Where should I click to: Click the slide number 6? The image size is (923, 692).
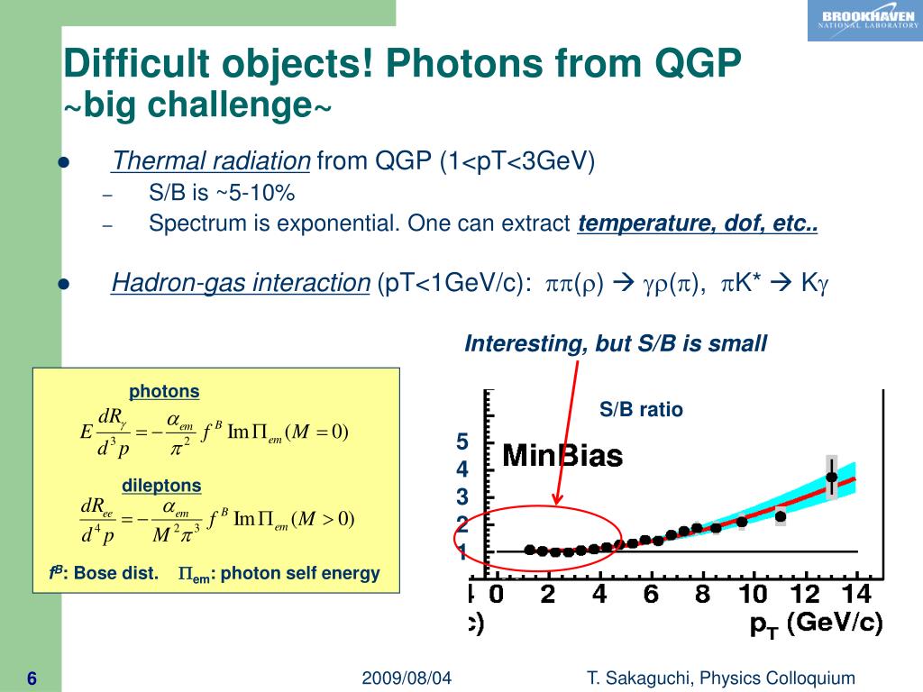coord(32,678)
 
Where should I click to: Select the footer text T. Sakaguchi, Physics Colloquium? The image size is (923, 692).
coord(720,678)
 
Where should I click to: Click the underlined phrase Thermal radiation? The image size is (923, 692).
coord(211,161)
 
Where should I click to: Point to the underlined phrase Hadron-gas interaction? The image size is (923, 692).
coord(241,283)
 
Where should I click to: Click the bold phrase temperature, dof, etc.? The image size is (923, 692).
coord(698,223)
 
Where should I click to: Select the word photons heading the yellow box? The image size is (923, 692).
coord(164,391)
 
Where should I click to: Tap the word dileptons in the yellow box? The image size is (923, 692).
coord(161,486)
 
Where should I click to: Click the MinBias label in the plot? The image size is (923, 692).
coord(562,456)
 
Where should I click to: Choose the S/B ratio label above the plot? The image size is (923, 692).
coord(642,410)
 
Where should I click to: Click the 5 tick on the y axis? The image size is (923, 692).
coord(462,442)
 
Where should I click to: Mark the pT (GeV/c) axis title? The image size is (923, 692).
coord(817,624)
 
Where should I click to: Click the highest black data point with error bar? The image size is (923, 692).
coord(831,478)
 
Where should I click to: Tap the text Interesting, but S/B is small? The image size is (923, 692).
coord(616,343)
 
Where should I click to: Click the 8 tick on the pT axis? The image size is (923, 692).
coord(702,594)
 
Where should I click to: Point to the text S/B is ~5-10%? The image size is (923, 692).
coord(222,194)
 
